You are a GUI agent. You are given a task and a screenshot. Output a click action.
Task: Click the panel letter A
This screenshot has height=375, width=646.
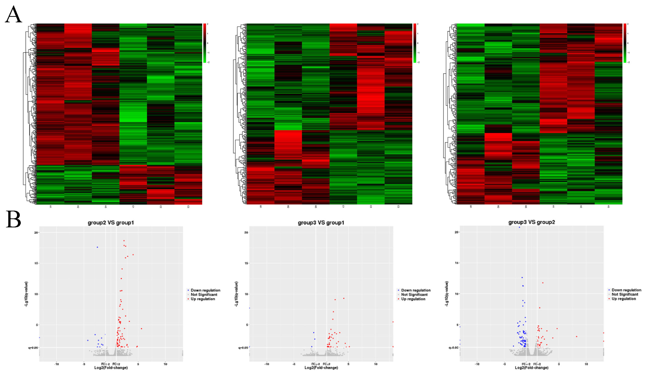pos(13,15)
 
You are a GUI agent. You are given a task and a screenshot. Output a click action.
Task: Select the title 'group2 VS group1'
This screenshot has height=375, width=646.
pos(111,223)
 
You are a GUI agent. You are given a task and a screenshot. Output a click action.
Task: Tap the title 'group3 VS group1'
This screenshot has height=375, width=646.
pos(321,223)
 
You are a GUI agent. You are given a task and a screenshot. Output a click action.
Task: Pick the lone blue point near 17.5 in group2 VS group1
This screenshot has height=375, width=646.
pos(97,247)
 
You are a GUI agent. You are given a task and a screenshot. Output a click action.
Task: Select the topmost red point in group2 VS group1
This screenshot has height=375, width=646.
pos(124,241)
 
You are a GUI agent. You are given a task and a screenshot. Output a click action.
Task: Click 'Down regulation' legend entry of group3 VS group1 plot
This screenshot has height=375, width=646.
pos(415,290)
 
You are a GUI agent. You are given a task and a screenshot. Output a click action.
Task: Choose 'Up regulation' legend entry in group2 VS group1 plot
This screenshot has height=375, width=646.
pos(203,299)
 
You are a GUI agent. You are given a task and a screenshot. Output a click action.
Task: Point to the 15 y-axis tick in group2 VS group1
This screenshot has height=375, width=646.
pos(36,263)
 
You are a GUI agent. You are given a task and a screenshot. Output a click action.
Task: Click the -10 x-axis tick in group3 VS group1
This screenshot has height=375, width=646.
pos(267,364)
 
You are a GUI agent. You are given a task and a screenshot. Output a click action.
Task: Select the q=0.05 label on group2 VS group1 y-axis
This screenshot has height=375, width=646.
pos(34,348)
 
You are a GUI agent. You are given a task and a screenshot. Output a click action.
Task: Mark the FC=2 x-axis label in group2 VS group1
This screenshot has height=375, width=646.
pos(116,364)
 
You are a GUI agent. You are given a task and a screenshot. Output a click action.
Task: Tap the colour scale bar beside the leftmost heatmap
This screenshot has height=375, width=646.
pos(205,43)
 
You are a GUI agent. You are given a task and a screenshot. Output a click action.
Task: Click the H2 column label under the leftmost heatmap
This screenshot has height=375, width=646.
pos(78,207)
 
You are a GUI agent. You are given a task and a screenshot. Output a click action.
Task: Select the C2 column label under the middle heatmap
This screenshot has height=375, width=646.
pos(371,207)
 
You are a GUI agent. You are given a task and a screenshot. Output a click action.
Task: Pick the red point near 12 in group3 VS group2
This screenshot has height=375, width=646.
pos(543,283)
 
